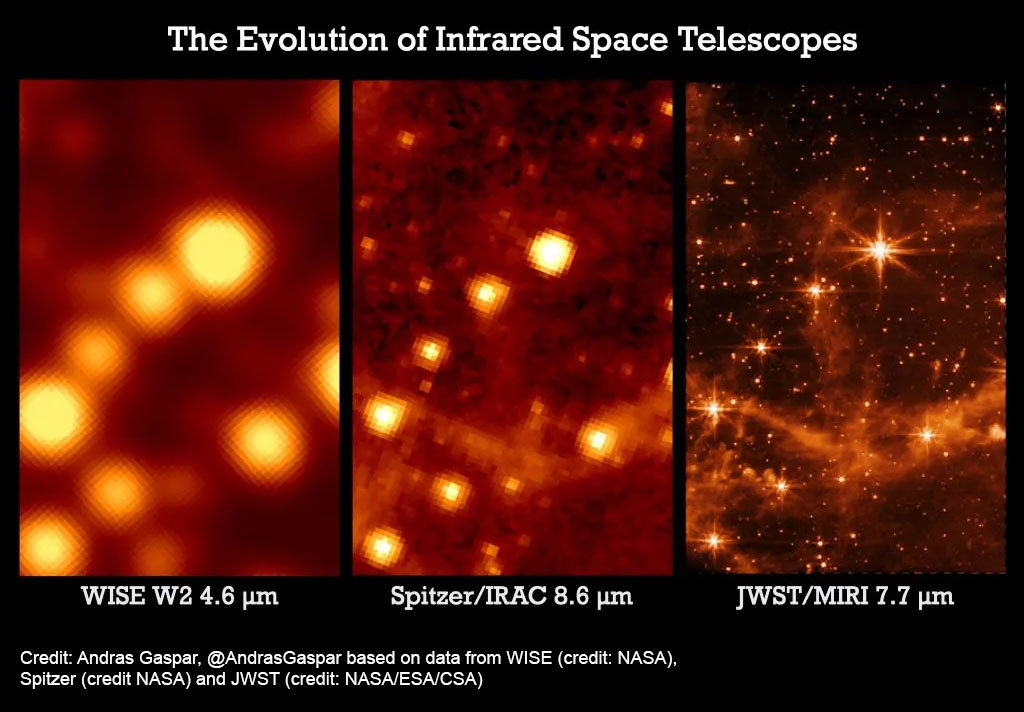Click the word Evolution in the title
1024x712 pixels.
312,39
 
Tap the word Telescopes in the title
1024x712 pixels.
768,40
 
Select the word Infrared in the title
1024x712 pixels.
498,39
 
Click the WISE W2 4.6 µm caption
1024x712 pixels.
180,596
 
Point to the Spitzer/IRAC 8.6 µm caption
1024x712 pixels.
512,596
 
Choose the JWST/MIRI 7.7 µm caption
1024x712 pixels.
845,596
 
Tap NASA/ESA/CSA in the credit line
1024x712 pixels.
413,679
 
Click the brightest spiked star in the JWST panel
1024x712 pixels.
880,249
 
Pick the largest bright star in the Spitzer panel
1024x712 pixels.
551,252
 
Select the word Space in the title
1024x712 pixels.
620,40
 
